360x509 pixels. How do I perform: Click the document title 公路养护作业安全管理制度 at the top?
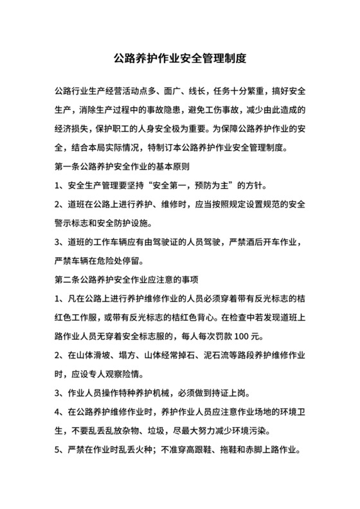coord(179,58)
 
